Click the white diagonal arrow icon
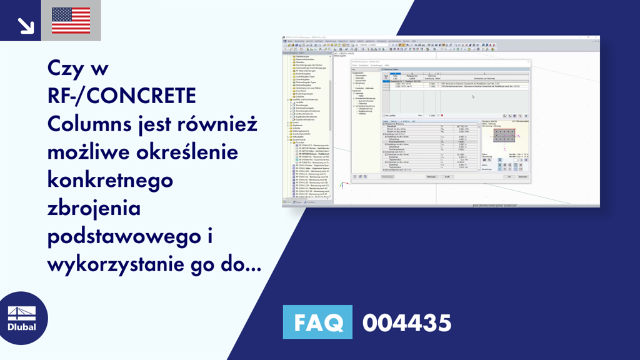tap(24, 24)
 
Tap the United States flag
tap(71, 20)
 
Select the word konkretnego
tap(109, 180)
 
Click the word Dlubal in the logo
tap(22, 327)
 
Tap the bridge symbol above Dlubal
tap(22, 312)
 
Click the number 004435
tap(406, 323)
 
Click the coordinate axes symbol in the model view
tap(342, 184)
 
